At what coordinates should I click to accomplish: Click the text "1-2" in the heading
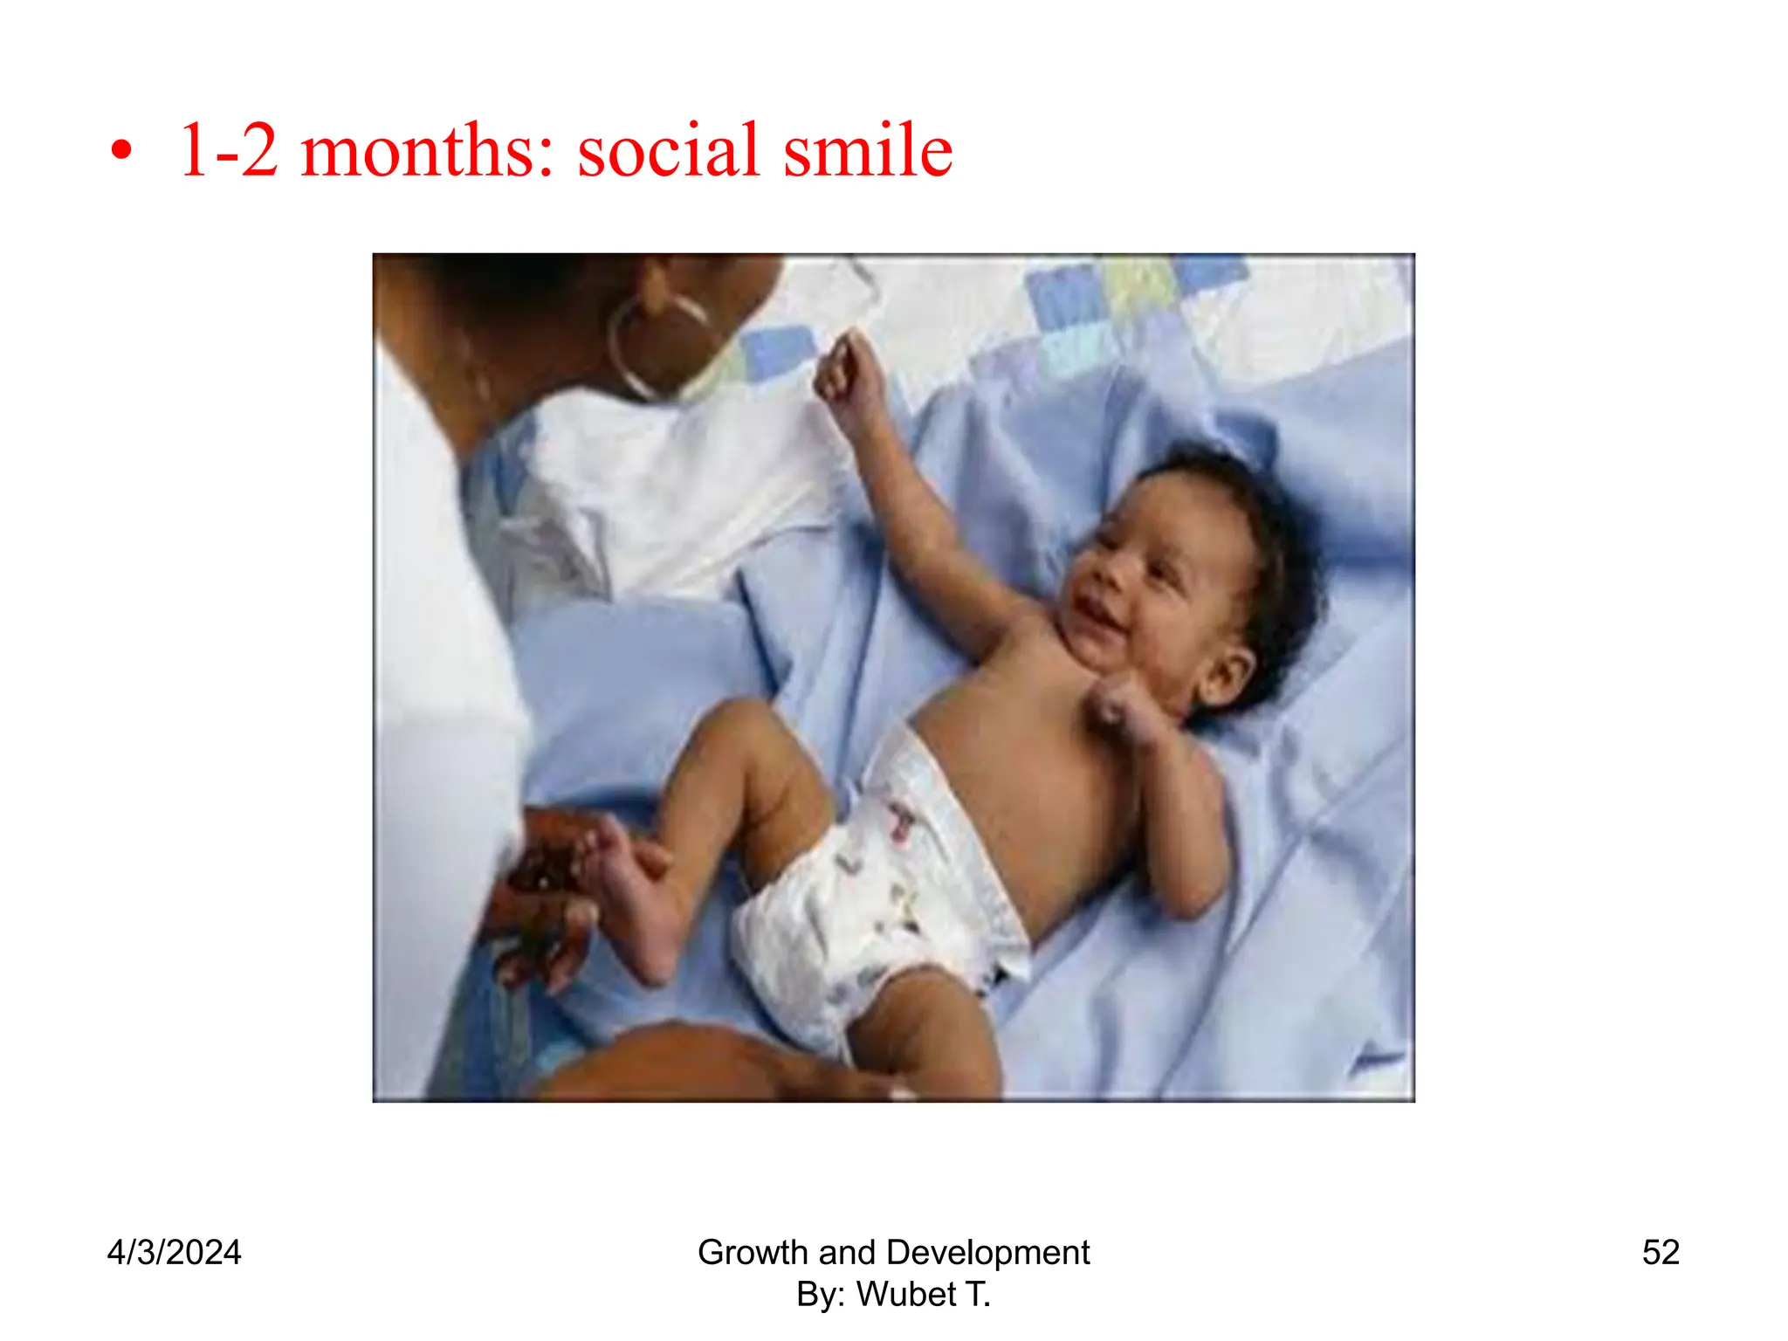point(228,150)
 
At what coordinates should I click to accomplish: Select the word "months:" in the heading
point(427,150)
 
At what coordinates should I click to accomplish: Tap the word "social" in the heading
point(668,150)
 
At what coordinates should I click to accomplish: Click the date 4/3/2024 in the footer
point(174,1253)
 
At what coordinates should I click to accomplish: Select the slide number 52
point(1661,1253)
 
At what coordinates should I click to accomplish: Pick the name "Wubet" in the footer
point(905,1295)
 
